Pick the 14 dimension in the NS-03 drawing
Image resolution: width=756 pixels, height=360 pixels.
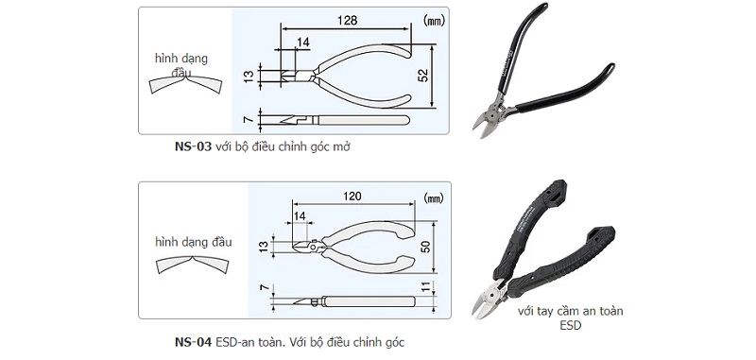pos(302,43)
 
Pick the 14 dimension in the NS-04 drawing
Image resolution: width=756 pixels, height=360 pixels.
pos(301,217)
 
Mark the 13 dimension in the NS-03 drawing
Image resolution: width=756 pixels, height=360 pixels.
pos(249,74)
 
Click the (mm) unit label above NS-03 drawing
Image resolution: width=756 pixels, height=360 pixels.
pos(432,18)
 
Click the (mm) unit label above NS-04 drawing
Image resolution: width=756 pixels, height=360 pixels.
pos(432,198)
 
